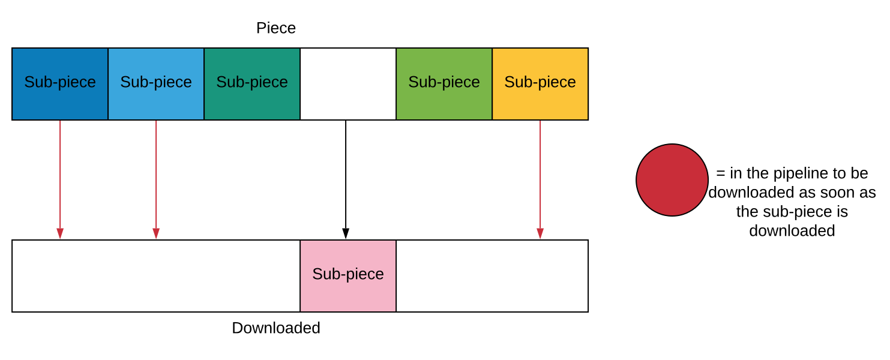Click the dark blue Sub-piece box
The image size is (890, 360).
[x=60, y=84]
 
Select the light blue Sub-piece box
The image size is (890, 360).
[x=156, y=84]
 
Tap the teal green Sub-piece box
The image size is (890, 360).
[x=252, y=84]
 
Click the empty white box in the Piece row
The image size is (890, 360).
[x=348, y=84]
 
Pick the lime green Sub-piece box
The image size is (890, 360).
[x=444, y=84]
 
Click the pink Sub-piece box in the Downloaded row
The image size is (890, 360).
[x=348, y=276]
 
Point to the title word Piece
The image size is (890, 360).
[x=276, y=28]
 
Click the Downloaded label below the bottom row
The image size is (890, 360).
[x=276, y=328]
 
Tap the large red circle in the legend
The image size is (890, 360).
[x=672, y=180]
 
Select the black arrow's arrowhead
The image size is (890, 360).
[x=346, y=233]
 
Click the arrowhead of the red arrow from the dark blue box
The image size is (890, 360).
[x=60, y=233]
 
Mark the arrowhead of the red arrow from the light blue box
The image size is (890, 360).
[x=156, y=233]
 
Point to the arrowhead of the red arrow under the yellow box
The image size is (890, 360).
[x=540, y=233]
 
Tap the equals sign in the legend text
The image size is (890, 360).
[x=720, y=173]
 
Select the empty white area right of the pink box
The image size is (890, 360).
[x=492, y=276]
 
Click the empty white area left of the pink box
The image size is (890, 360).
[x=156, y=276]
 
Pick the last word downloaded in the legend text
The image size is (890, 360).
[x=792, y=231]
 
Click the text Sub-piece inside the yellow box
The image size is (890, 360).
[x=540, y=82]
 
